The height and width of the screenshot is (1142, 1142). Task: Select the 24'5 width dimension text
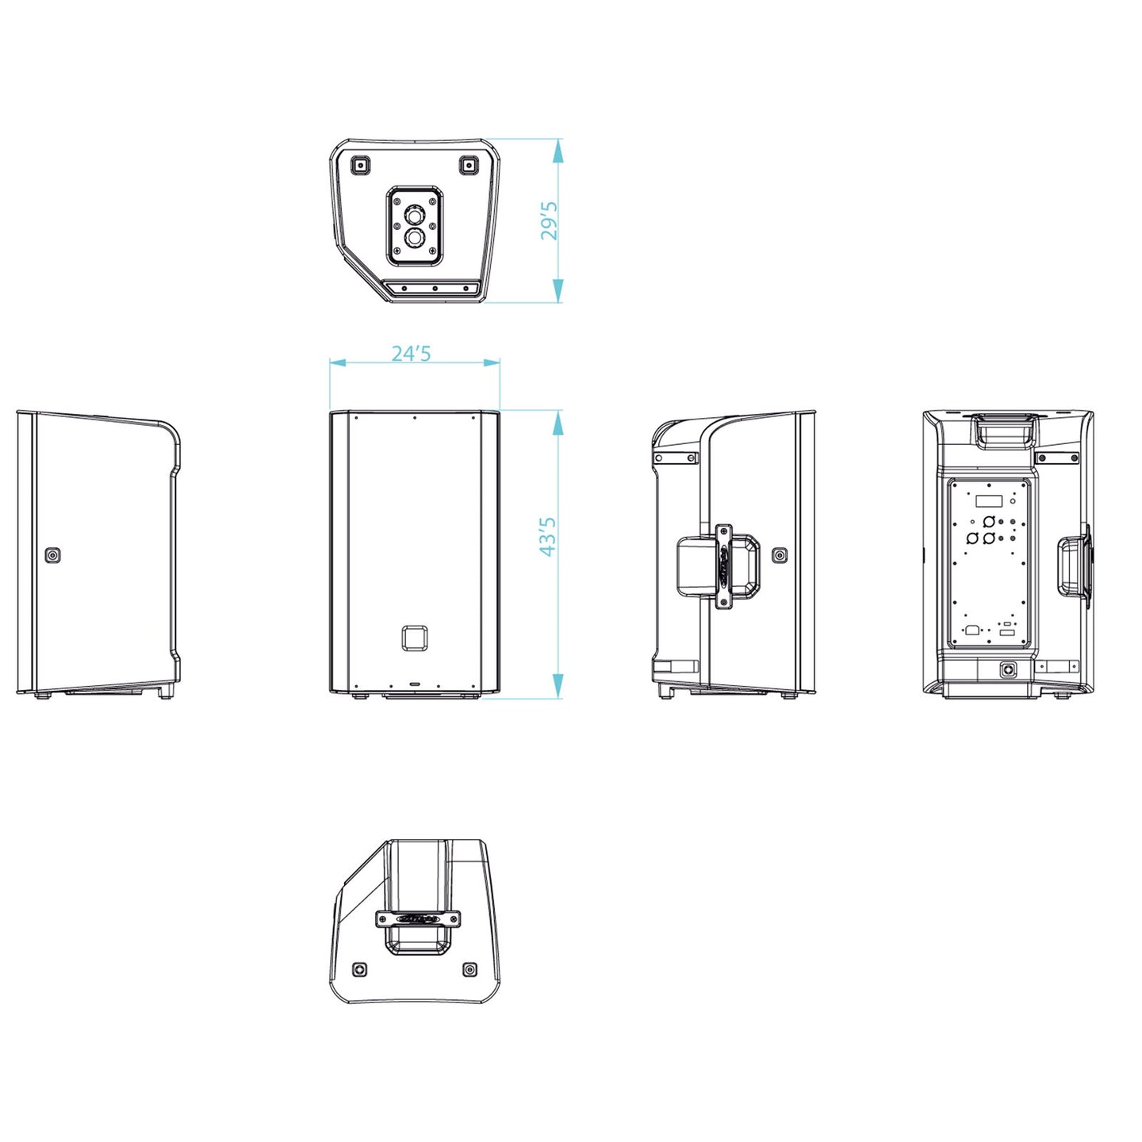pyautogui.click(x=412, y=354)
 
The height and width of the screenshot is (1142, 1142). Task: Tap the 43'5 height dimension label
pyautogui.click(x=549, y=536)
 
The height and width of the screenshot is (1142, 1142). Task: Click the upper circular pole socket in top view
pyautogui.click(x=414, y=214)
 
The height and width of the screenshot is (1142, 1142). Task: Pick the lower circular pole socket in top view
pyautogui.click(x=414, y=238)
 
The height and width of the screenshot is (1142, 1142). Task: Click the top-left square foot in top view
pyautogui.click(x=360, y=165)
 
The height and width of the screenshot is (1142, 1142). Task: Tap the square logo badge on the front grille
pyautogui.click(x=414, y=637)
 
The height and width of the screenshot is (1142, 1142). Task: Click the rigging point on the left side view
pyautogui.click(x=53, y=554)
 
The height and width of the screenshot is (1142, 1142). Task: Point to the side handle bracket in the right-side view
pyautogui.click(x=723, y=566)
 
